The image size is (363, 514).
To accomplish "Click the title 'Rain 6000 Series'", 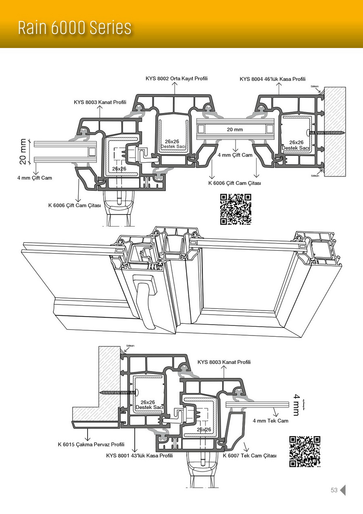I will click(x=75, y=28).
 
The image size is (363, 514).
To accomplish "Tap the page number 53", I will click(x=334, y=490).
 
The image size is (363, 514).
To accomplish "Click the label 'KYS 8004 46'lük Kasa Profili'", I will click(x=273, y=79).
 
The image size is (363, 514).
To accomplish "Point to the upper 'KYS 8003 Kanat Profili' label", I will click(x=100, y=102).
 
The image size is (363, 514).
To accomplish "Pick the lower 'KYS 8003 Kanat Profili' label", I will click(x=224, y=362).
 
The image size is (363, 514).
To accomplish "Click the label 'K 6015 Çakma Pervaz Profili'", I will click(x=91, y=445).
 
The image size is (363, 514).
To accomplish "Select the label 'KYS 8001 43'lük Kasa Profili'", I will click(x=140, y=455).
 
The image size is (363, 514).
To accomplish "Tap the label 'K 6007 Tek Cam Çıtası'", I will click(x=250, y=455).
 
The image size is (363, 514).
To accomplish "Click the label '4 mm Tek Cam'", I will click(x=271, y=421).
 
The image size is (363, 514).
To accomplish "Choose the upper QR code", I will click(x=236, y=209).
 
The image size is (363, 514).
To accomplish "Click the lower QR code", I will click(x=305, y=451).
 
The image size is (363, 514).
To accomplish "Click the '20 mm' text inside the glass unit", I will click(x=235, y=130).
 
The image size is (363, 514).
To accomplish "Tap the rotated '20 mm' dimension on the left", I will click(x=23, y=151).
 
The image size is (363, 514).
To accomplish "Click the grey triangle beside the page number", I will click(x=343, y=490).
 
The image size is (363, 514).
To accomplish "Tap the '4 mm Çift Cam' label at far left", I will click(x=34, y=178).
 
